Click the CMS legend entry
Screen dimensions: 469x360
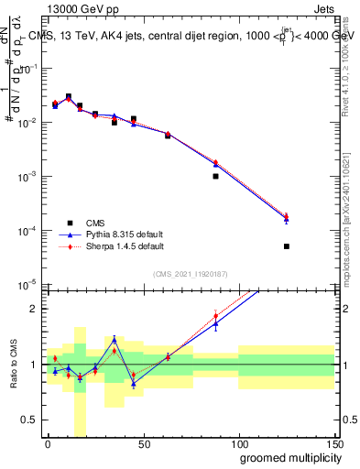(93, 223)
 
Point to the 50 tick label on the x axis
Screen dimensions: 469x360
(143, 444)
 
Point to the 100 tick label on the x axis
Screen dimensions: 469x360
(238, 444)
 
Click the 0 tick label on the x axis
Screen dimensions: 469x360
(48, 444)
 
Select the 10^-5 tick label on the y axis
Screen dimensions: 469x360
(30, 284)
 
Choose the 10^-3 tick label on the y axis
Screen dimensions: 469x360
(30, 176)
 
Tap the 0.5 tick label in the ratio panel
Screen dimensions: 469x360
(31, 420)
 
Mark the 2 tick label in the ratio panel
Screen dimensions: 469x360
(35, 309)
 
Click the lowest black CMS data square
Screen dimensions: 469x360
(287, 246)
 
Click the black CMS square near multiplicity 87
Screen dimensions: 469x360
(215, 176)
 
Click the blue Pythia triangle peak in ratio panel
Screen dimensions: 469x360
(114, 340)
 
